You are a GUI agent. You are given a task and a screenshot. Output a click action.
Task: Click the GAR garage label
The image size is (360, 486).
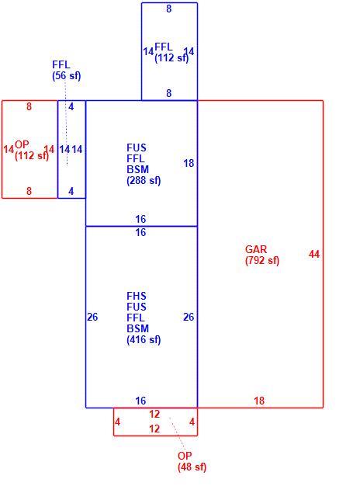(x=255, y=249)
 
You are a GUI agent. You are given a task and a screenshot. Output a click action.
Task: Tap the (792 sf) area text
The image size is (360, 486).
(x=262, y=260)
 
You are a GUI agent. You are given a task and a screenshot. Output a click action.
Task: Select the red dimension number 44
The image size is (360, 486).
(x=314, y=255)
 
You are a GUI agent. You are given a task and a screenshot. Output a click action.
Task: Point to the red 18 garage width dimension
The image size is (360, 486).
(x=259, y=401)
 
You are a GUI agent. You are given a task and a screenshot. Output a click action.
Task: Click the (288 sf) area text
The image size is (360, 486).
(x=144, y=181)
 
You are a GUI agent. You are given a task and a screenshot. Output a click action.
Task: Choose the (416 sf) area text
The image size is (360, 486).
(x=144, y=340)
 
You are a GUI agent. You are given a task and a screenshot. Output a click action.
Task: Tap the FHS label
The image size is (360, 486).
(x=137, y=296)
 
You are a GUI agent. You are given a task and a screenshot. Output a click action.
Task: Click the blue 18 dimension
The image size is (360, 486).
(x=189, y=163)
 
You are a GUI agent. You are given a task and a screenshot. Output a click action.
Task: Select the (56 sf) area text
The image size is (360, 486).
(x=67, y=76)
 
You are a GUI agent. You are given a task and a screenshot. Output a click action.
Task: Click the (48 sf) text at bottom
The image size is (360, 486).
(x=192, y=467)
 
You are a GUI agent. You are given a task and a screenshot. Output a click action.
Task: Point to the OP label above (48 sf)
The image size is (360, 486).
(x=185, y=456)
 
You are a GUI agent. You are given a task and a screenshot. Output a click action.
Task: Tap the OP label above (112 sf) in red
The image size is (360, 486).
(x=22, y=144)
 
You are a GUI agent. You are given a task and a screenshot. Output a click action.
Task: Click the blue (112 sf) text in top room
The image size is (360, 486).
(x=171, y=58)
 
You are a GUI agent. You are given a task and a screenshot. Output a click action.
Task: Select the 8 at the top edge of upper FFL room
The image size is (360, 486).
(x=169, y=9)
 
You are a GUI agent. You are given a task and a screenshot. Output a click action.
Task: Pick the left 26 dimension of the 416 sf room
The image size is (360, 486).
(x=92, y=317)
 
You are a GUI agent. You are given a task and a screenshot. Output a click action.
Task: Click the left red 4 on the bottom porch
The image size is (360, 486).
(x=117, y=422)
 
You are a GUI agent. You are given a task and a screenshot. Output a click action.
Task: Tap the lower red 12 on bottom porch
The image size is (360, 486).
(x=154, y=429)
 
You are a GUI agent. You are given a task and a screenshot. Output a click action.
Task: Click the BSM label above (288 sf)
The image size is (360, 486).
(x=137, y=169)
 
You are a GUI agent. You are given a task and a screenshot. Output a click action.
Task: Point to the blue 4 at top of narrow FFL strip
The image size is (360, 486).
(x=71, y=106)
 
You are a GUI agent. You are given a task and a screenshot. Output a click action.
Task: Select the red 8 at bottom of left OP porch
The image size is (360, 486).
(x=29, y=191)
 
